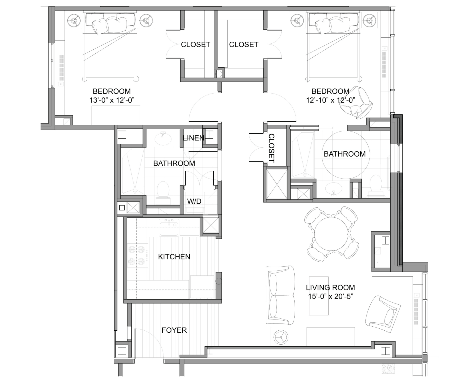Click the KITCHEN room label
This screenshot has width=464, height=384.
point(174,257)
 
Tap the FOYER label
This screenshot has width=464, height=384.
point(174,330)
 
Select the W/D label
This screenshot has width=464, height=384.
point(194,201)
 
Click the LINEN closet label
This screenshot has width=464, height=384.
point(194,138)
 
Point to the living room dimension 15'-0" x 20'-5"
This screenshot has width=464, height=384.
point(330,296)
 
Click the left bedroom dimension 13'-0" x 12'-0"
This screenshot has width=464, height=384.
point(112,100)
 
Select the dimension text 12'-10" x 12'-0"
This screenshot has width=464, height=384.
point(331,100)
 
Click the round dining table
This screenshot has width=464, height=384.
point(332,234)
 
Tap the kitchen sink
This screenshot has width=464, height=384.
point(169,227)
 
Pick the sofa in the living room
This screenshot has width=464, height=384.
point(280,295)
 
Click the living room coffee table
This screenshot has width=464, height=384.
point(319,296)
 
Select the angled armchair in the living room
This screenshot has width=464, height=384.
point(383,314)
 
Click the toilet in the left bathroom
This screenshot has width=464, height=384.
point(163,193)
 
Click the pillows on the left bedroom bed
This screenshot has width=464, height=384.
point(110,24)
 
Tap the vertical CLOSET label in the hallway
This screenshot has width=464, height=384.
point(272,148)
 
